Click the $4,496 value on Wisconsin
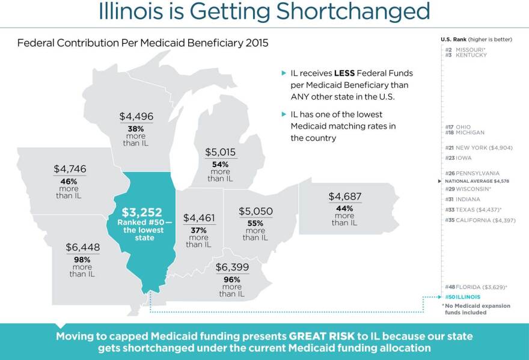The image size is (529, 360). [x=136, y=117]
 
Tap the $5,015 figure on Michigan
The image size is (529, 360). [x=221, y=152]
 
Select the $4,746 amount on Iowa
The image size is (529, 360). [x=70, y=169]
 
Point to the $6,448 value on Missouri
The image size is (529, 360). [x=83, y=247]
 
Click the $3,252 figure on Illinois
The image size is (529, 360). [x=141, y=212]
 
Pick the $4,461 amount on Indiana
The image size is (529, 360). [x=199, y=218]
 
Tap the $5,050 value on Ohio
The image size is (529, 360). [x=255, y=212]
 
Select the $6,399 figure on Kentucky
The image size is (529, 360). [x=232, y=267]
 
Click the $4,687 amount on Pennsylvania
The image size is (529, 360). [x=344, y=196]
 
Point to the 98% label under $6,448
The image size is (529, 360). [x=82, y=260]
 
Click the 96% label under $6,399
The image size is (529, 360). [x=231, y=279]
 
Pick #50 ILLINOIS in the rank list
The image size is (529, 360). [x=463, y=297]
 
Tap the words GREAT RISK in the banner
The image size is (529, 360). [x=320, y=337]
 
